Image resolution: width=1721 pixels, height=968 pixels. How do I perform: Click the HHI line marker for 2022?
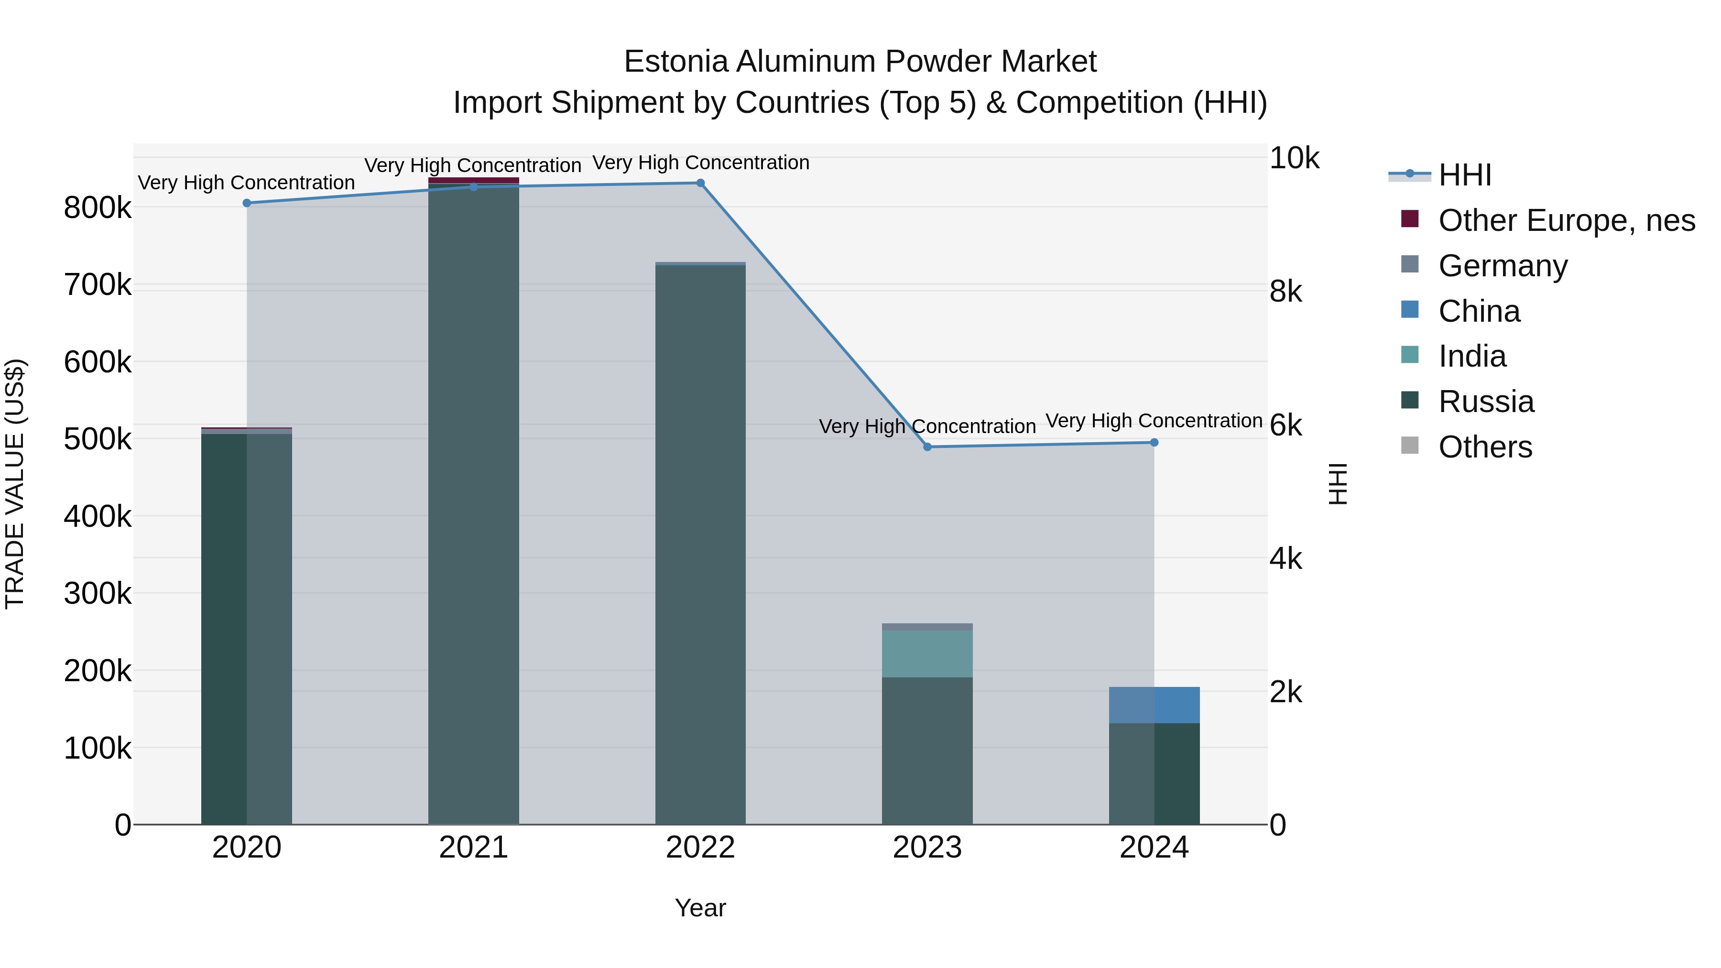[x=700, y=183]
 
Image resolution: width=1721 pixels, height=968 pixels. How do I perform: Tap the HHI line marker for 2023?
[x=927, y=447]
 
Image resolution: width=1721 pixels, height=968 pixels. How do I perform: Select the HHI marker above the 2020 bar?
[x=247, y=203]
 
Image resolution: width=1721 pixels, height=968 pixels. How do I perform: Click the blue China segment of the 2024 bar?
[x=1154, y=705]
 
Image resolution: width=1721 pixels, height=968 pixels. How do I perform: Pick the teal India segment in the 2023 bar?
[x=927, y=653]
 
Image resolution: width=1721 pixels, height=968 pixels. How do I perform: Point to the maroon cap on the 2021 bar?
[x=474, y=180]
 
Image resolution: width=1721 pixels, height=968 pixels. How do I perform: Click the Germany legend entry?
[x=1503, y=266]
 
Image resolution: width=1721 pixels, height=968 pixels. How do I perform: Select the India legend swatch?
[x=1410, y=355]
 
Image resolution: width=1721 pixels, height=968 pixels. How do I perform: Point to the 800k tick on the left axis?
[x=98, y=208]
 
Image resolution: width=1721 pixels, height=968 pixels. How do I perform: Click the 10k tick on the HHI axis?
[x=1294, y=159]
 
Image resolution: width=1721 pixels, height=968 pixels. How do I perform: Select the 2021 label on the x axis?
[x=474, y=848]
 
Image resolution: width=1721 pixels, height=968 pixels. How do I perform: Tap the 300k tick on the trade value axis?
[x=98, y=593]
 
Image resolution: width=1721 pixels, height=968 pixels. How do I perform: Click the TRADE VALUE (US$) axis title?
[x=15, y=484]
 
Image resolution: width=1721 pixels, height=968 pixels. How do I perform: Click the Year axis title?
[x=700, y=908]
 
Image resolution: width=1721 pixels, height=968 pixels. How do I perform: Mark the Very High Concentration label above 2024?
[x=1154, y=421]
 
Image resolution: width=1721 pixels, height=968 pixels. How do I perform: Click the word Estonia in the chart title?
[x=675, y=62]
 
